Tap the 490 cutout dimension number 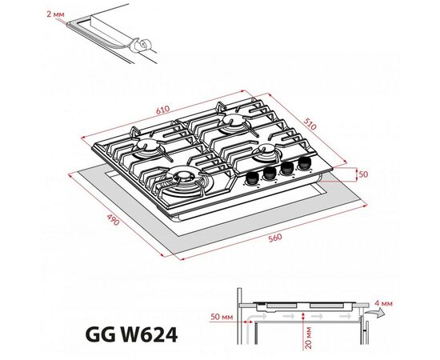pos(114,220)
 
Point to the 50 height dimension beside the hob pos(363,174)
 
